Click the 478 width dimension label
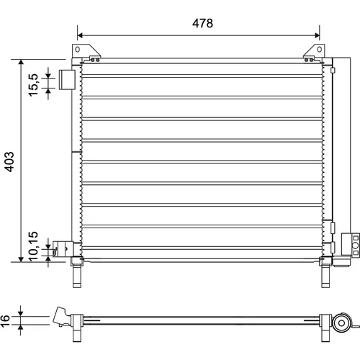[x=202, y=23]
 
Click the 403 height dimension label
[x=9, y=162]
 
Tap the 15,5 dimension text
[x=33, y=85]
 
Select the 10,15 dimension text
[x=33, y=246]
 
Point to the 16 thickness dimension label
[x=5, y=321]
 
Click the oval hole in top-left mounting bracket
[x=77, y=50]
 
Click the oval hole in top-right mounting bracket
[x=320, y=50]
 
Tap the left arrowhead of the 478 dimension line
[x=80, y=35]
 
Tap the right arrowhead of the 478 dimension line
[x=317, y=35]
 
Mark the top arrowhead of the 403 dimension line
[x=21, y=62]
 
